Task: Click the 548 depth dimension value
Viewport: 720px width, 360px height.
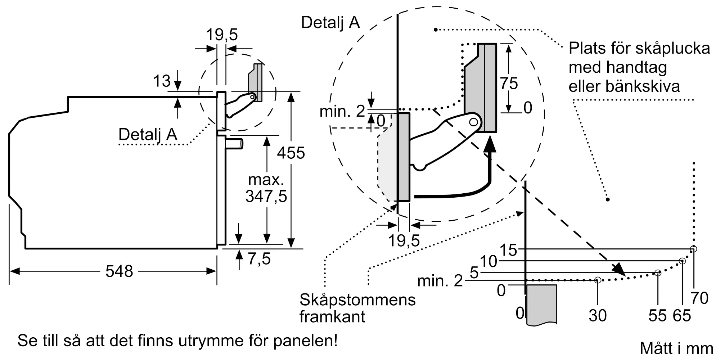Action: tap(119, 271)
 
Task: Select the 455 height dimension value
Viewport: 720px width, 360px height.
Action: tap(291, 153)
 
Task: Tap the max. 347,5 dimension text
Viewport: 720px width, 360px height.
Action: tap(266, 188)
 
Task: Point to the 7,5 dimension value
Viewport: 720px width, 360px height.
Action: tap(259, 259)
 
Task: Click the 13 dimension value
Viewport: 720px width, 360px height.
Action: tap(162, 81)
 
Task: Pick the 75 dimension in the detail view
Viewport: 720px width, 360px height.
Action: tap(509, 84)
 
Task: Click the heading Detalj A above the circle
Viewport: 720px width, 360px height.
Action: tap(330, 22)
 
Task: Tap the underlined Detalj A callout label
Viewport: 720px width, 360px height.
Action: tap(148, 135)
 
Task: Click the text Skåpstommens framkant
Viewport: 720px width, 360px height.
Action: tap(357, 308)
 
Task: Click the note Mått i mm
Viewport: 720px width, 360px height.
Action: tap(676, 348)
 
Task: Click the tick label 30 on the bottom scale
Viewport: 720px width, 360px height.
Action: tap(598, 316)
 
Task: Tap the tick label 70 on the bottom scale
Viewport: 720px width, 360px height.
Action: tap(699, 298)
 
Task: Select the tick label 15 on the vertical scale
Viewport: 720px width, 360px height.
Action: tap(508, 250)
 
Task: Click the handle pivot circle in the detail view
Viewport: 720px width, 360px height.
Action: tap(474, 122)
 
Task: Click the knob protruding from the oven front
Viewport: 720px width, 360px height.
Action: tap(234, 144)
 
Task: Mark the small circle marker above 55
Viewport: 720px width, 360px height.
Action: tap(658, 273)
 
